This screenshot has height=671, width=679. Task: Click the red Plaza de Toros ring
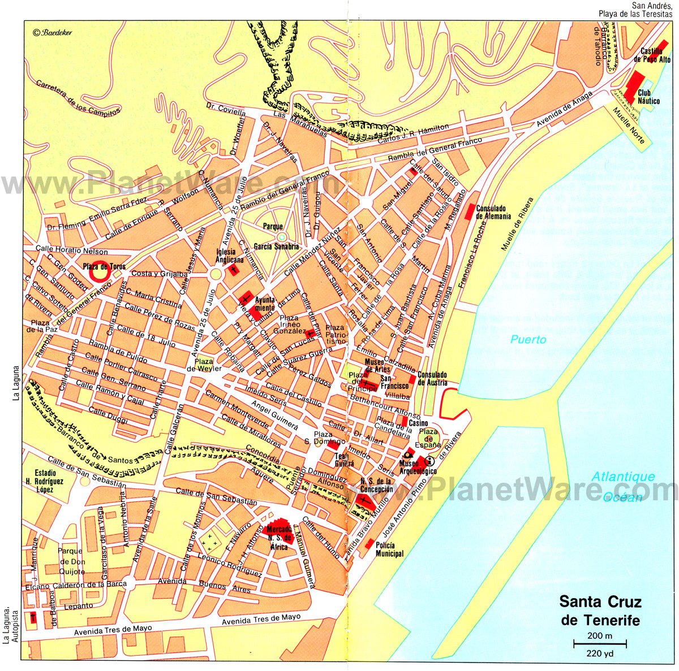coord(98,272)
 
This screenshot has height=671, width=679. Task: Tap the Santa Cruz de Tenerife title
coord(600,611)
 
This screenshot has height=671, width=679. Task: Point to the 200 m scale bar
coord(600,643)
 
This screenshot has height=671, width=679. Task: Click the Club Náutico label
coord(648,97)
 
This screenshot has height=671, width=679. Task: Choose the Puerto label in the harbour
coord(528,339)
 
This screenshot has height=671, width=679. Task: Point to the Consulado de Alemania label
coord(493,212)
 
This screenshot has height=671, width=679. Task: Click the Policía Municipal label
coord(390,549)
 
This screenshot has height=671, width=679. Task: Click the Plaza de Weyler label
coord(203,365)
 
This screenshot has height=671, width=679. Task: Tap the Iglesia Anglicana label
coord(229,256)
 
